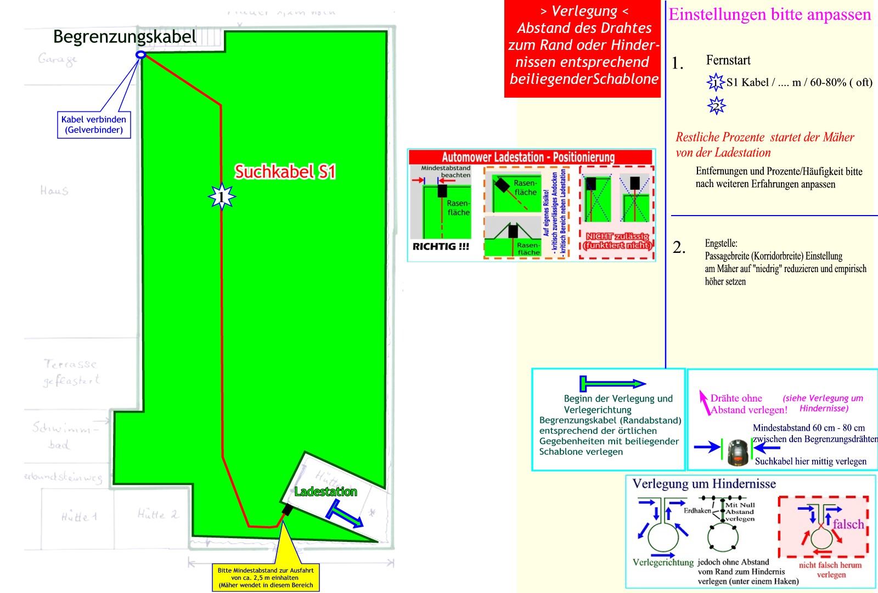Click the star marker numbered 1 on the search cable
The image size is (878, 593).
coord(221,196)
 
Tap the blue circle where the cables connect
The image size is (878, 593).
coord(140,54)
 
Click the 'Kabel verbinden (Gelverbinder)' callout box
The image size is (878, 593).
coord(94,125)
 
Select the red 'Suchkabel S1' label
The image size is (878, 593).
coord(285,172)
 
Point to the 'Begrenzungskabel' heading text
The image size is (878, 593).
coord(125,37)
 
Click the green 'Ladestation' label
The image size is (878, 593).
coord(325,492)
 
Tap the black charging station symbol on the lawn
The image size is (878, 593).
coord(286,510)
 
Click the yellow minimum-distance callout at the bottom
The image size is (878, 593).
coord(266,578)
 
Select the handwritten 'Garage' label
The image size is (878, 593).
coord(58,59)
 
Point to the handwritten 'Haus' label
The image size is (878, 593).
coord(54,190)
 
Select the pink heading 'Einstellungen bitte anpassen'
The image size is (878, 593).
coord(769,15)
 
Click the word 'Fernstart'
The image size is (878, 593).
coord(728,60)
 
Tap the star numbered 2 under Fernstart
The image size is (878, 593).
coord(716,106)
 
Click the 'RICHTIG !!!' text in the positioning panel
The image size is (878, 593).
coord(441,246)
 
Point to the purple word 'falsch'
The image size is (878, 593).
coord(848,524)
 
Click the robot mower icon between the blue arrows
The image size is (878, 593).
coord(738,451)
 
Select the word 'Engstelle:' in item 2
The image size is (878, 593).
coord(721,243)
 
